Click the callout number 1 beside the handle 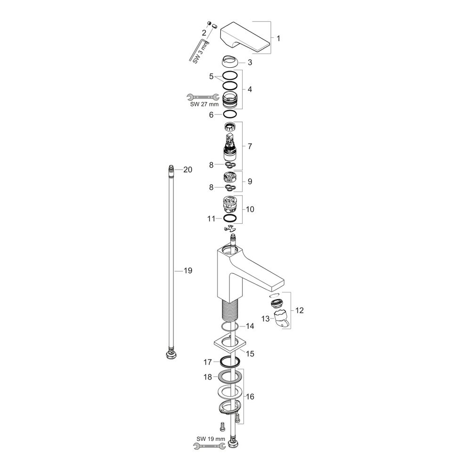tap(278, 39)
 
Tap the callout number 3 tap(250, 63)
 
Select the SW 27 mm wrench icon tap(203, 97)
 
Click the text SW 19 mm tap(211, 439)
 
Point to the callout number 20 tap(188, 170)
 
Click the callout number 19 tap(188, 271)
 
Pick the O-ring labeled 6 tap(229, 114)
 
